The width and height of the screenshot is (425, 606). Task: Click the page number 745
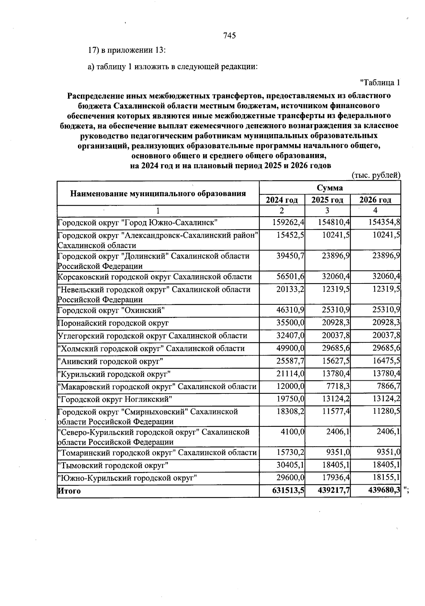(x=229, y=35)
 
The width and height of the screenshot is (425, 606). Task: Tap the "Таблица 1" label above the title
(x=380, y=83)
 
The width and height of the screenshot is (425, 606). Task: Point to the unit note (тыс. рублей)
(x=376, y=175)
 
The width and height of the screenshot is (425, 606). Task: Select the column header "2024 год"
(x=282, y=200)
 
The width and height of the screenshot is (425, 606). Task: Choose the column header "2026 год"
(x=375, y=200)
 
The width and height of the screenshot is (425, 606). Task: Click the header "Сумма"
(x=330, y=188)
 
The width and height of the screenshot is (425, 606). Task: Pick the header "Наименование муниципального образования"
(x=158, y=193)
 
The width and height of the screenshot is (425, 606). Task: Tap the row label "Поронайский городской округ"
(x=113, y=323)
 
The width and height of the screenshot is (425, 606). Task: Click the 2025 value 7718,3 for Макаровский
(x=336, y=386)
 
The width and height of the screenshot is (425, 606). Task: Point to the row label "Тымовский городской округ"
(x=113, y=465)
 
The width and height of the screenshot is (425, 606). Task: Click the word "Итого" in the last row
(x=69, y=491)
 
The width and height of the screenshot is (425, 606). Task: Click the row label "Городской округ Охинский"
(x=112, y=310)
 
